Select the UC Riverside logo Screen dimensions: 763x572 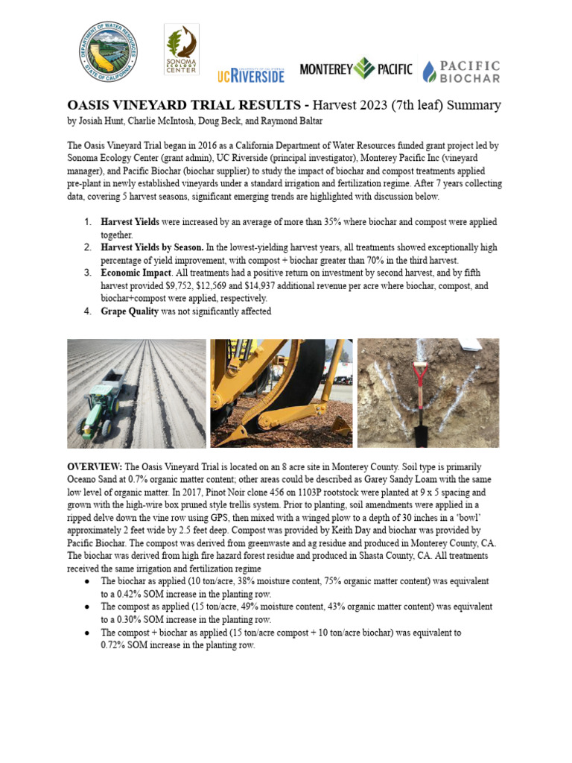pos(251,75)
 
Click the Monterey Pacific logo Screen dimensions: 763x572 pos(355,69)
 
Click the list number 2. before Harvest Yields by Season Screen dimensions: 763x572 pos(87,247)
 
